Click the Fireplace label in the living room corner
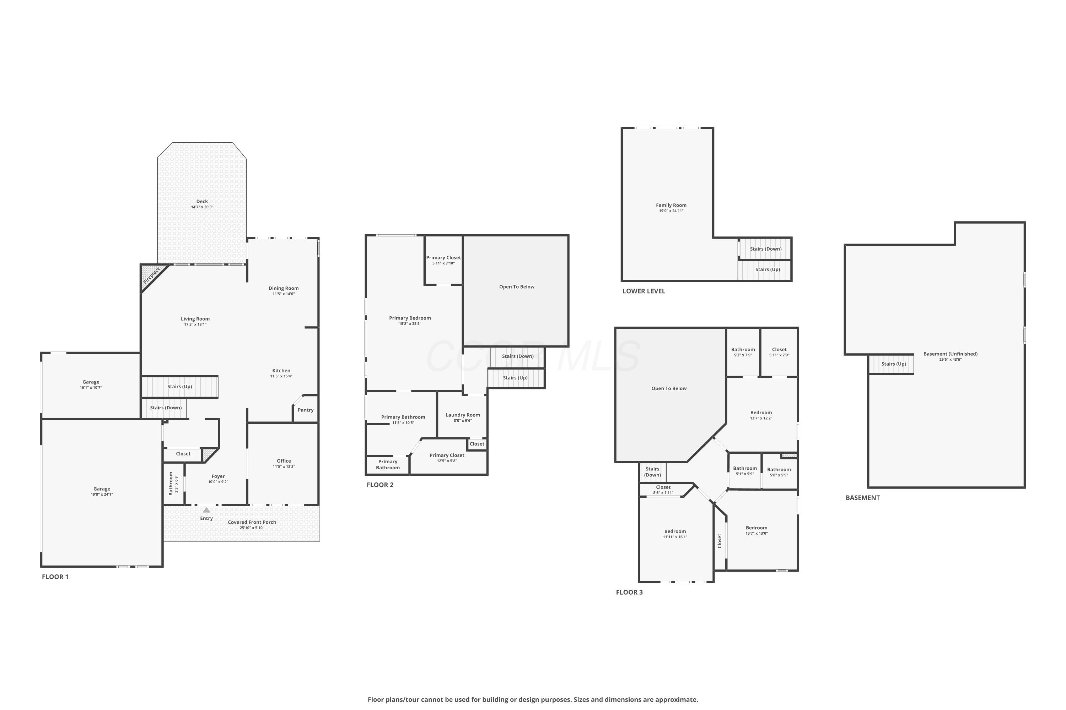point(152,275)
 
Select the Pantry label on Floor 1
point(306,410)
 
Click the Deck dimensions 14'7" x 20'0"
point(202,207)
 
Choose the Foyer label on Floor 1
point(218,476)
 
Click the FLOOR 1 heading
point(55,577)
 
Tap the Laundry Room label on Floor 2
point(463,415)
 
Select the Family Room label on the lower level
point(671,205)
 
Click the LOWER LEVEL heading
point(644,291)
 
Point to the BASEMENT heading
point(862,498)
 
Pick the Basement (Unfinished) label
point(951,354)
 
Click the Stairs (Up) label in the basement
point(894,364)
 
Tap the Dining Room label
point(284,288)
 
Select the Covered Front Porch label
point(252,522)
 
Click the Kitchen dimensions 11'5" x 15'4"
point(281,376)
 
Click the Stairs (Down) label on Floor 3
point(653,472)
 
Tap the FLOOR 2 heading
point(380,485)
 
